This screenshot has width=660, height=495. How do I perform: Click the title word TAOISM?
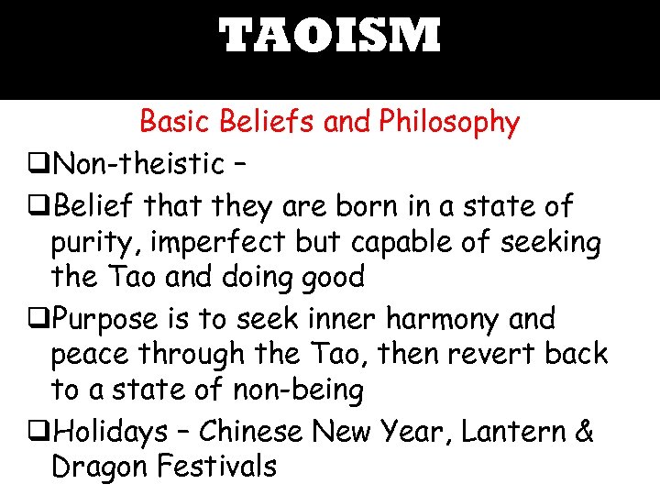pos(330,37)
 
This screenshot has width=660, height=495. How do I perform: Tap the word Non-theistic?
pos(138,165)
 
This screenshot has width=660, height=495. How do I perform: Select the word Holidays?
pos(111,430)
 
